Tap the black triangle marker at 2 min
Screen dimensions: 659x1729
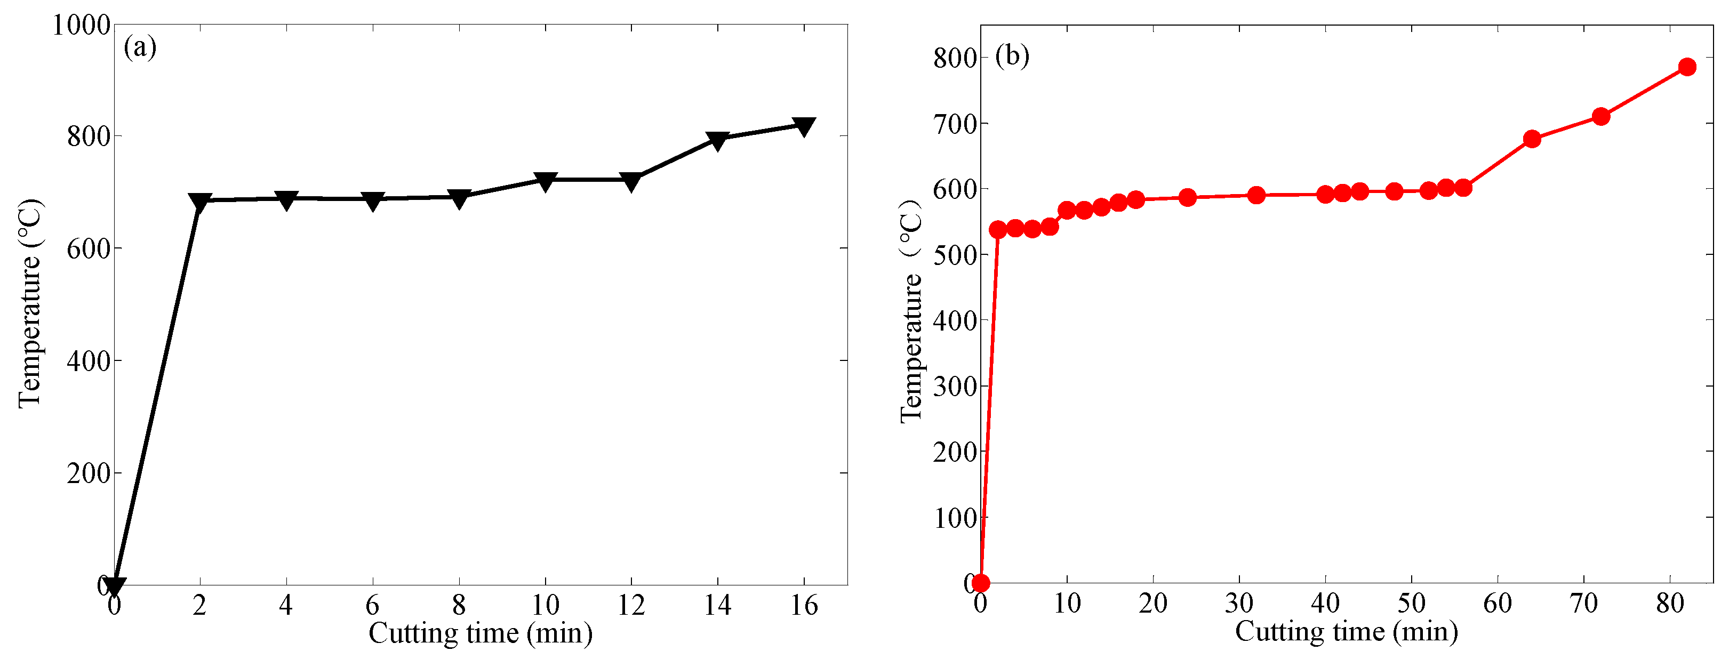point(200,202)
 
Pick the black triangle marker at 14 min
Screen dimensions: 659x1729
point(717,140)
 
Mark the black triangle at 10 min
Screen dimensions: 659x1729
point(545,181)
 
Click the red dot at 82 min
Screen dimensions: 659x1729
point(1687,67)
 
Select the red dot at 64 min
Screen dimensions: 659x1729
point(1532,140)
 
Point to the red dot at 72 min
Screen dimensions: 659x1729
point(1601,117)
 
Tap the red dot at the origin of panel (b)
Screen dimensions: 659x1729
point(981,583)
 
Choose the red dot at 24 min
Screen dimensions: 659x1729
point(1187,197)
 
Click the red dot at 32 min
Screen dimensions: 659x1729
point(1256,195)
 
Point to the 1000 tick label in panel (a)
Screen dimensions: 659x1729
point(81,26)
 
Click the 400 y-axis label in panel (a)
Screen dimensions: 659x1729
point(88,361)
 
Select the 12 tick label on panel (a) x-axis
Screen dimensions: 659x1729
point(631,606)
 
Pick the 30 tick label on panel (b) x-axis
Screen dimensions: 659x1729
point(1239,604)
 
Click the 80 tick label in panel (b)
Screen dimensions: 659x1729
point(1670,604)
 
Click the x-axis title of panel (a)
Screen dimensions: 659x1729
point(480,633)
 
